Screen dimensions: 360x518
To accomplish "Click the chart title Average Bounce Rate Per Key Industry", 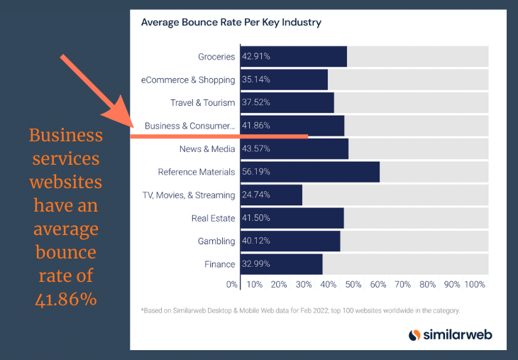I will (231, 22).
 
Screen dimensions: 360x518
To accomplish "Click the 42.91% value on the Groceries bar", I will (256, 56).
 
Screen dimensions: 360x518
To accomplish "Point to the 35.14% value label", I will (256, 80).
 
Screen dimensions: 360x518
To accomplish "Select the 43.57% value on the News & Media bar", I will (256, 148).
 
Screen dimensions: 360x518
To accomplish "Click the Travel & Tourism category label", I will (202, 102).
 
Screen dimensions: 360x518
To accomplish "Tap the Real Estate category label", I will (213, 218).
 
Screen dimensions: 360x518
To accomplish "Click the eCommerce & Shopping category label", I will (188, 80).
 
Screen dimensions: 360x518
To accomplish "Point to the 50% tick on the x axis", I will (353, 284).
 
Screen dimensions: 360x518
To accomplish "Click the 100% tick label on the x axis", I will (474, 284).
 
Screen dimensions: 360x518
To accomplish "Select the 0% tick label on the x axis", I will (232, 284).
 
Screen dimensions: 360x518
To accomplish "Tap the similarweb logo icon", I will (416, 334).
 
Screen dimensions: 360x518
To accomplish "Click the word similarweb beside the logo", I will (458, 334).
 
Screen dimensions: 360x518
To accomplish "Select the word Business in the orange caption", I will (65, 136).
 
